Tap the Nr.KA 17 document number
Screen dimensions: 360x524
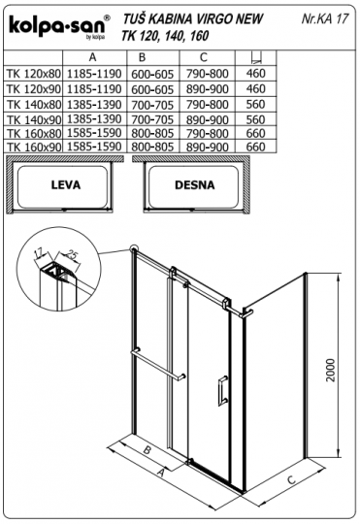[x=325, y=18]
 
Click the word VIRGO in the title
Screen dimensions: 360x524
[x=213, y=19]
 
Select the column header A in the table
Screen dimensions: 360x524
[x=93, y=57]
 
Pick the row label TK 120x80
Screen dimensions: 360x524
[x=34, y=74]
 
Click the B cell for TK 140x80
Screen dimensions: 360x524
[x=152, y=105]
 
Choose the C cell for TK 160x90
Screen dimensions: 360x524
[x=208, y=147]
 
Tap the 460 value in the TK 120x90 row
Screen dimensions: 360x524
[x=255, y=89]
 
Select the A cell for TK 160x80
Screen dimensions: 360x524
[x=94, y=133]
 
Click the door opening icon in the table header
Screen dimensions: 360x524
[x=256, y=57]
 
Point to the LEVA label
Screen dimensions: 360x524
[x=66, y=184]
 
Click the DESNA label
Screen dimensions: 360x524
[x=194, y=184]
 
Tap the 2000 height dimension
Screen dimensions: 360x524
[x=331, y=370]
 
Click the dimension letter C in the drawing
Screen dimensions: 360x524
[x=291, y=480]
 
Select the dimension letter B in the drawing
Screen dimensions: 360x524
[x=147, y=449]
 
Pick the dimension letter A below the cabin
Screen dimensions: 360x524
[x=161, y=474]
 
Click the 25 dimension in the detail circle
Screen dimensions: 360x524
[x=71, y=254]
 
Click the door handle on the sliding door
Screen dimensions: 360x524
[x=223, y=390]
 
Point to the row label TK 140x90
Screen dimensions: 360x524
[x=34, y=119]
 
